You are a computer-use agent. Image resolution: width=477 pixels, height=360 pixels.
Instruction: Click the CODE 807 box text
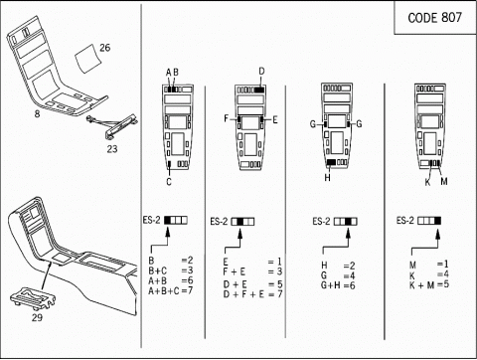click(434, 18)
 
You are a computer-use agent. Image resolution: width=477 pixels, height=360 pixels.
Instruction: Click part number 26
click(104, 48)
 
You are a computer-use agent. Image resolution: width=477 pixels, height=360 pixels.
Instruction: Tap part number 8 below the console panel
click(37, 114)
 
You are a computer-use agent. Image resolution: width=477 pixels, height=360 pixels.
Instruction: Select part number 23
click(112, 149)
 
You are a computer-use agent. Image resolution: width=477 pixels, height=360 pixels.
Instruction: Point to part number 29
click(37, 317)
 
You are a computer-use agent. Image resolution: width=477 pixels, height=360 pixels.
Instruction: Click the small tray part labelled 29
click(34, 298)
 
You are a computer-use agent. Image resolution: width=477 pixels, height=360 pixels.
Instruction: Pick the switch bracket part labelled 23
click(113, 125)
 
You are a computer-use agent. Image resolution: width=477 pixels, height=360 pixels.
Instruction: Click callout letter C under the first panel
click(169, 182)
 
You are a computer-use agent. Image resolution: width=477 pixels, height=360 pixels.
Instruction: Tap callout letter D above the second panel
click(261, 72)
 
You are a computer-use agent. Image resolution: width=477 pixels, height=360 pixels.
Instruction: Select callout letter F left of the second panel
click(227, 118)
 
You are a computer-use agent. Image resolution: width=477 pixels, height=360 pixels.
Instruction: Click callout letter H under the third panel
click(327, 178)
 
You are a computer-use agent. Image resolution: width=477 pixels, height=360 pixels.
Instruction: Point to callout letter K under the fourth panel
click(427, 182)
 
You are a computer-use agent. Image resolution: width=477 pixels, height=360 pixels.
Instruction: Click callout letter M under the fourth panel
click(444, 181)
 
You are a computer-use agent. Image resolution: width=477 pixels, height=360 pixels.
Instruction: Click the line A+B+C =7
click(170, 290)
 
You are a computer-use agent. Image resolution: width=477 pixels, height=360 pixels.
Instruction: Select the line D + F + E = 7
click(252, 294)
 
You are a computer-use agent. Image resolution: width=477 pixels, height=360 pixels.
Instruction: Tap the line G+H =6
click(338, 285)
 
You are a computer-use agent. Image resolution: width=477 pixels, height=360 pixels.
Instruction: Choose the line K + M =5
click(429, 284)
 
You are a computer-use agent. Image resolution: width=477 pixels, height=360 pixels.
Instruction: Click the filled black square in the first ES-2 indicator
click(168, 220)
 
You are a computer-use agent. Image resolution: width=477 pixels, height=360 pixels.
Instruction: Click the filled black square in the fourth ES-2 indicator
click(438, 221)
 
